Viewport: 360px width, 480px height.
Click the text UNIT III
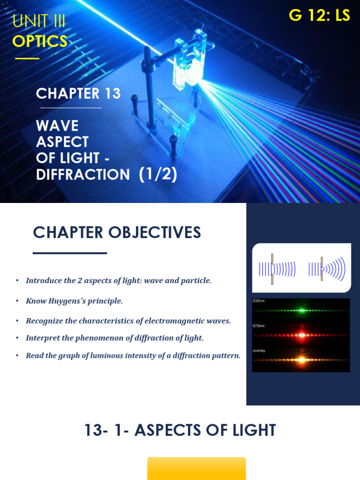point(39,21)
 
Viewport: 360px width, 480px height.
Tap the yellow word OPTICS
point(40,41)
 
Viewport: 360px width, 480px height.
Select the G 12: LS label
point(319,15)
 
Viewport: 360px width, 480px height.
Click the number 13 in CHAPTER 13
point(113,94)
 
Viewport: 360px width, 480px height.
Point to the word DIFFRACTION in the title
point(83,174)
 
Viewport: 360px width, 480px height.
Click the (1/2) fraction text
point(157,174)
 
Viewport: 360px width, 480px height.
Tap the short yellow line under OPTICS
point(27,59)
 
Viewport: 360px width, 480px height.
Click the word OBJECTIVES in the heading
point(156,232)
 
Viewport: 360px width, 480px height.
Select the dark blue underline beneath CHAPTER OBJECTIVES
point(70,253)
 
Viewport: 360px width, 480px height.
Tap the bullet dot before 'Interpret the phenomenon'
point(17,337)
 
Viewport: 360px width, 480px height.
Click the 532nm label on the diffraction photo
point(259,301)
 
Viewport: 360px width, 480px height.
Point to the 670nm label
point(259,325)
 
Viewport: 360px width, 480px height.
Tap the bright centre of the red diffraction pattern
point(301,335)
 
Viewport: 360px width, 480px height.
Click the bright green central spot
point(301,310)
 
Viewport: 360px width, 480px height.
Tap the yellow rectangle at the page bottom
point(196,468)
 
